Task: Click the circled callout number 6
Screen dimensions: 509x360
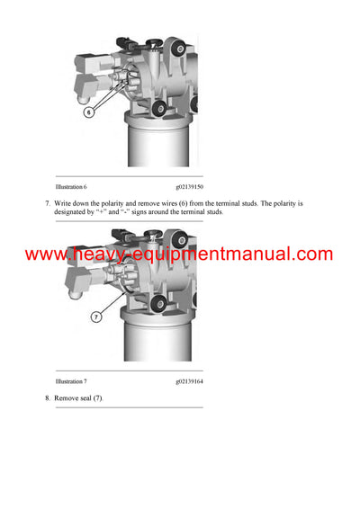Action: pyautogui.click(x=89, y=112)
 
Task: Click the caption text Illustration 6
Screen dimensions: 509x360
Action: pyautogui.click(x=71, y=186)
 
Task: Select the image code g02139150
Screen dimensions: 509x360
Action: pyautogui.click(x=190, y=186)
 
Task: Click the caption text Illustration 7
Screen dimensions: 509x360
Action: pyautogui.click(x=71, y=382)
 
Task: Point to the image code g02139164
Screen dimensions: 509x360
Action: pyautogui.click(x=190, y=382)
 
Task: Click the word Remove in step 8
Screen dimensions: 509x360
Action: pyautogui.click(x=68, y=397)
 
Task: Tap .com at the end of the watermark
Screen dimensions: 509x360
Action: pyautogui.click(x=310, y=254)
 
